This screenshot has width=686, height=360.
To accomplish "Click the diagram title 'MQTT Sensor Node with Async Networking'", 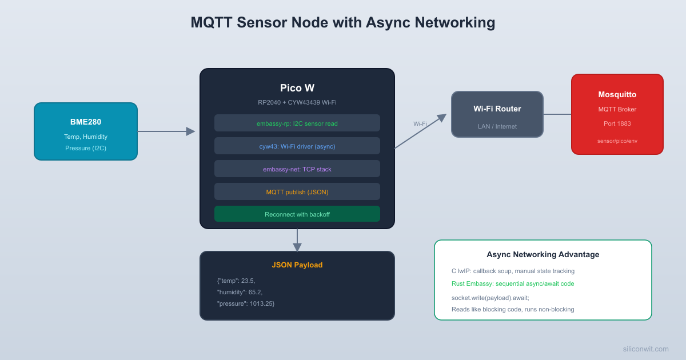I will point(342,23).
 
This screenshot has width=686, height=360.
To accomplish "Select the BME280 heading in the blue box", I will point(86,122).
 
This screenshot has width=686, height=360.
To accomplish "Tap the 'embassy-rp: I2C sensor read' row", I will point(297,123).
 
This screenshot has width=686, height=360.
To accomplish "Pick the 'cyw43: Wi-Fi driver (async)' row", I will point(297,146).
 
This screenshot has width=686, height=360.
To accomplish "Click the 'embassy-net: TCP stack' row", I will point(297,169).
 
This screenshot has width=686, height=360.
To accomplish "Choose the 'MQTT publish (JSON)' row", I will point(297,191).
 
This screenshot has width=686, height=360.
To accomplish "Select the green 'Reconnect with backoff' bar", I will point(297,214).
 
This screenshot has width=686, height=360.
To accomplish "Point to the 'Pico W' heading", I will point(297,88).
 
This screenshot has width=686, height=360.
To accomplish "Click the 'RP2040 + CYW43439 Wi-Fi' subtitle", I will point(297,102).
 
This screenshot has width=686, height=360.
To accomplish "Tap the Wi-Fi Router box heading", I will point(497,109).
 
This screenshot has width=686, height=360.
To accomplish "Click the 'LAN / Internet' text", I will point(497,126).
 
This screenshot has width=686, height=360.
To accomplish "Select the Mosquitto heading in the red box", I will point(617,94).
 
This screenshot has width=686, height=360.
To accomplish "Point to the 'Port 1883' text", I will point(617,123).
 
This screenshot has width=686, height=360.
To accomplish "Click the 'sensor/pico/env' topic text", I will point(617,141).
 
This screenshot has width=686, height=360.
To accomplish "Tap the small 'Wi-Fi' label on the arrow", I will point(420,123).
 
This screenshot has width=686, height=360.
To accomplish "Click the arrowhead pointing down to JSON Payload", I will point(297,247).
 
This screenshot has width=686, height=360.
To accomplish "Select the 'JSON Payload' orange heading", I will point(297,265).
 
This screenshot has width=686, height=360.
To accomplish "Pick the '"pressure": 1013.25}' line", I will point(246,303).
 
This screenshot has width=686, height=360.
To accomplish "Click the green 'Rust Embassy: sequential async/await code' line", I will point(512,283).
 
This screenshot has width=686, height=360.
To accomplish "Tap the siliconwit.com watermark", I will point(645,349).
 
